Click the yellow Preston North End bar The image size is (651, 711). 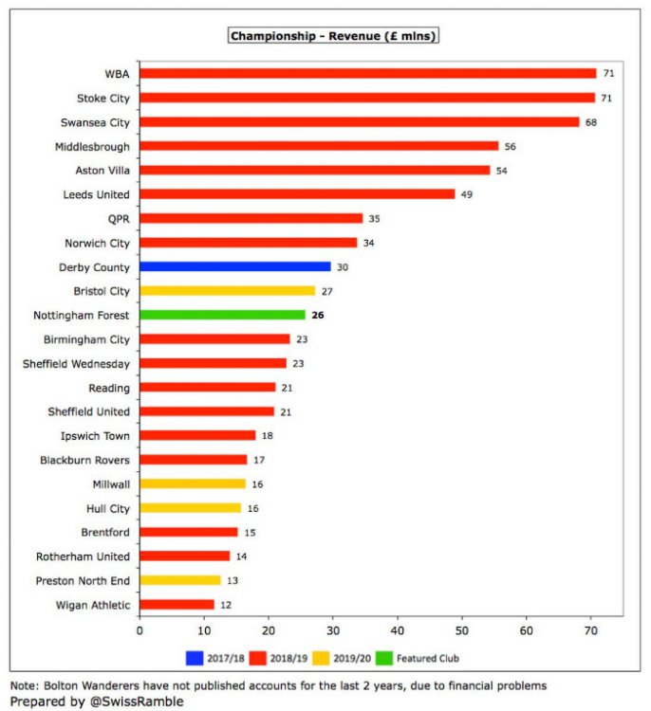click(x=180, y=580)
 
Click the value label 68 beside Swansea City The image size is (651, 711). click(x=590, y=122)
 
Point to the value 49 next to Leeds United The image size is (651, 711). click(x=466, y=194)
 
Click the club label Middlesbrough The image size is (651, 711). click(x=93, y=146)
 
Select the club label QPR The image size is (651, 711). click(x=118, y=218)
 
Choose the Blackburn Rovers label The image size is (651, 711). click(x=85, y=460)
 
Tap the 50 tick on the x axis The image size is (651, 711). click(x=462, y=629)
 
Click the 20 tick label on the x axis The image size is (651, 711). click(x=269, y=629)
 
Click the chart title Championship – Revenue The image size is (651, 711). click(x=333, y=36)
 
